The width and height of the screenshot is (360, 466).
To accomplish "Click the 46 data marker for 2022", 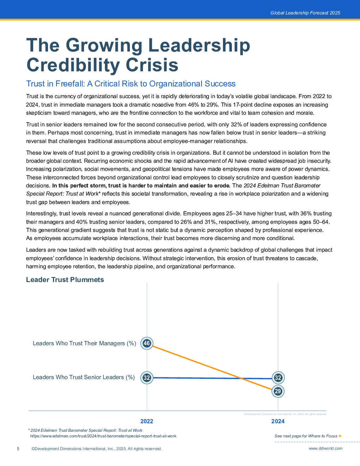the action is click(147, 343).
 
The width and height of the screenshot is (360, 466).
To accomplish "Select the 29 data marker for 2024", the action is click(278, 391).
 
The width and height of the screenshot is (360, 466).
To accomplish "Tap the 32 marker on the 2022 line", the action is click(147, 378).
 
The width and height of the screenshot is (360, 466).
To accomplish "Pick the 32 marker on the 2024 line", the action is click(278, 378).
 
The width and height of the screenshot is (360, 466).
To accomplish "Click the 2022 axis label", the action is click(147, 421).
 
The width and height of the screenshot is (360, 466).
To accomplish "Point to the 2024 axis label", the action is click(278, 421).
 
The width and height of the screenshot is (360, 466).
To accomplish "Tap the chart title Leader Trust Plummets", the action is click(65, 280).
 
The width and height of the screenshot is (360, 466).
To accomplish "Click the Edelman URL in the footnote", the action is click(103, 436).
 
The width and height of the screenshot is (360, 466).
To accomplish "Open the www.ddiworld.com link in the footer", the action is click(325, 448).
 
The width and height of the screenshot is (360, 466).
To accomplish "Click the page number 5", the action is click(18, 449).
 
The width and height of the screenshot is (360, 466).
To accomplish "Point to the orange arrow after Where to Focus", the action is click(341, 436).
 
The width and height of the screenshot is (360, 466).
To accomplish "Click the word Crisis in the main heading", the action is click(152, 65).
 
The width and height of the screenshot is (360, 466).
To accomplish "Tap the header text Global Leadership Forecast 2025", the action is click(305, 13).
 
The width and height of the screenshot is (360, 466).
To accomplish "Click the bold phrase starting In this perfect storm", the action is click(141, 185).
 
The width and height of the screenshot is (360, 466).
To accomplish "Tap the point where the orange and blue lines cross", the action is click(242, 378).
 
